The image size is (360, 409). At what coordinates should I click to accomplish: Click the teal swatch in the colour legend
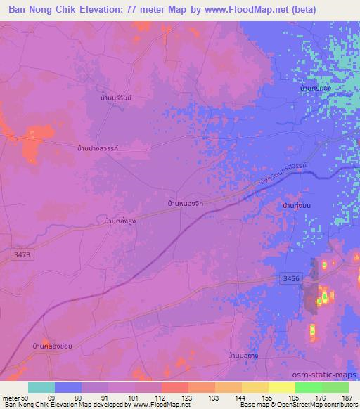(x=41, y=388)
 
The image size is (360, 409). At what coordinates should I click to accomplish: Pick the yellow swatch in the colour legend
(x=281, y=388)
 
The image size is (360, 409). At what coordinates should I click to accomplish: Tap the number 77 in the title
(x=143, y=9)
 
